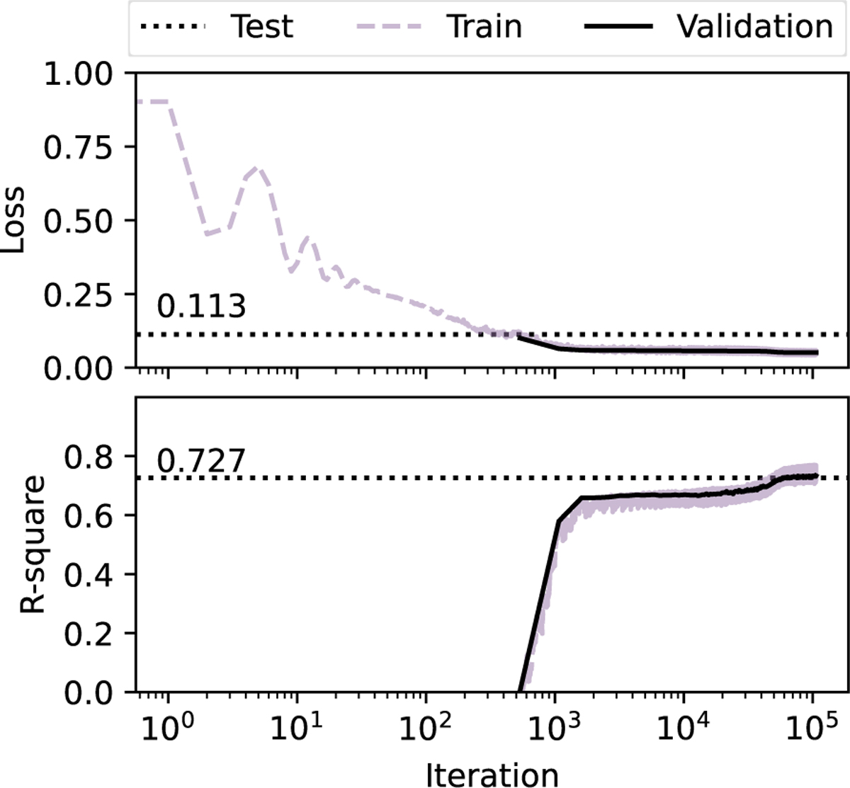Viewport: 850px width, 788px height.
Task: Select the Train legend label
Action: click(x=484, y=27)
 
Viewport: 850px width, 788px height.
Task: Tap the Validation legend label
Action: click(x=754, y=27)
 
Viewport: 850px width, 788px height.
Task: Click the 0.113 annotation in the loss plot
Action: click(x=201, y=307)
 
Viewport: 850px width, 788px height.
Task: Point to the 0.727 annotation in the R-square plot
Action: click(x=201, y=461)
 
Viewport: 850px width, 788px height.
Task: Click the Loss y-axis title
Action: click(x=16, y=220)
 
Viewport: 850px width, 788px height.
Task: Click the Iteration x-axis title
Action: click(x=492, y=774)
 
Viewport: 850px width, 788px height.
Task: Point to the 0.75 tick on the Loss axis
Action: click(x=85, y=147)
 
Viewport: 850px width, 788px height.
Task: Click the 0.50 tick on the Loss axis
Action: click(x=85, y=221)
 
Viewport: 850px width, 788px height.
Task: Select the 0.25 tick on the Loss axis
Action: click(x=85, y=295)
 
